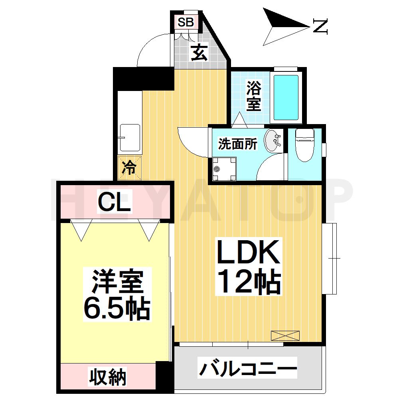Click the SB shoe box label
pyautogui.click(x=186, y=22)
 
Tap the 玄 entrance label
pyautogui.click(x=199, y=53)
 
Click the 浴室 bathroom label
pyautogui.click(x=253, y=96)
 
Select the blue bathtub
pyautogui.click(x=286, y=98)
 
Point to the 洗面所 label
pyautogui.click(x=237, y=144)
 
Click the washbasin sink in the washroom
pyautogui.click(x=273, y=141)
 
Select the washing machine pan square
pyautogui.click(x=223, y=168)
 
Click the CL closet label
pyautogui.click(x=115, y=203)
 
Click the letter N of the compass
pyautogui.click(x=320, y=26)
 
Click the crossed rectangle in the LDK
pyautogui.click(x=284, y=336)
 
